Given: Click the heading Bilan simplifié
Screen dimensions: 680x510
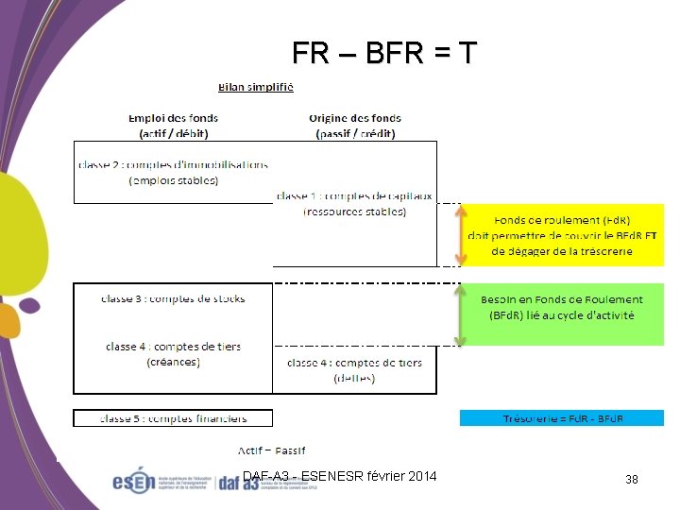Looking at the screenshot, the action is tap(256, 88).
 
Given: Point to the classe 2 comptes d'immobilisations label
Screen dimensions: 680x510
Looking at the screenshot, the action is tap(173, 172).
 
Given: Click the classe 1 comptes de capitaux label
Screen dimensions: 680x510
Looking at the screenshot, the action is tap(354, 203).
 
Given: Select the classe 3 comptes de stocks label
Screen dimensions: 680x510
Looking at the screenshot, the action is tap(173, 298).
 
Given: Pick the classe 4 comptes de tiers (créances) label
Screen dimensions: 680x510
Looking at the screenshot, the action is tap(173, 353).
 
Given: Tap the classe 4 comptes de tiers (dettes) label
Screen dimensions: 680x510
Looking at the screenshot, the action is tap(354, 369).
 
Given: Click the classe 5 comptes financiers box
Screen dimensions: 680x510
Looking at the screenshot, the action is tap(173, 417).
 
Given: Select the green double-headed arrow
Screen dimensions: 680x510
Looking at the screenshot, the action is tap(462, 314).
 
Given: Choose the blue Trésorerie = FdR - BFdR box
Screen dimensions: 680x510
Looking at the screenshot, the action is tap(562, 417).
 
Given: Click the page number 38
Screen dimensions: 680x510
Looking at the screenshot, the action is tap(631, 480).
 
